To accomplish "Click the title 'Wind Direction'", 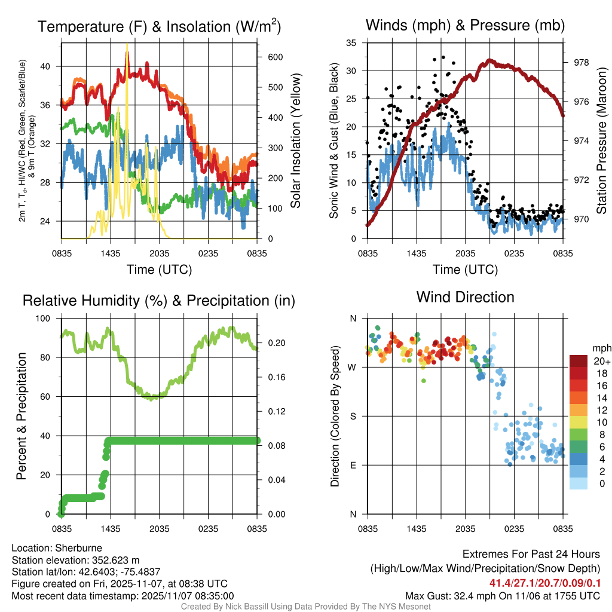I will [465, 297].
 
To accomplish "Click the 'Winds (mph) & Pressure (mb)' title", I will [465, 26].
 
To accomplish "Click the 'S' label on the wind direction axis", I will [353, 416].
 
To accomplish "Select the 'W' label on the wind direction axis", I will [352, 367].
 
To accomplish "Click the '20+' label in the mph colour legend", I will [601, 360].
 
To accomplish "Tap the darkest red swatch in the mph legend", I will [579, 360].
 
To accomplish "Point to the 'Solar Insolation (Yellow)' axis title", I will [296, 140].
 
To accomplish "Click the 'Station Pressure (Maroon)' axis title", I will [602, 140].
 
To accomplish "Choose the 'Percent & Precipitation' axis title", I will [21, 416].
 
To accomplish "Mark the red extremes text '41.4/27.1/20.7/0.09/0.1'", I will [545, 583].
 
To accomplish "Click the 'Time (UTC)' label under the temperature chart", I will [160, 270].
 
